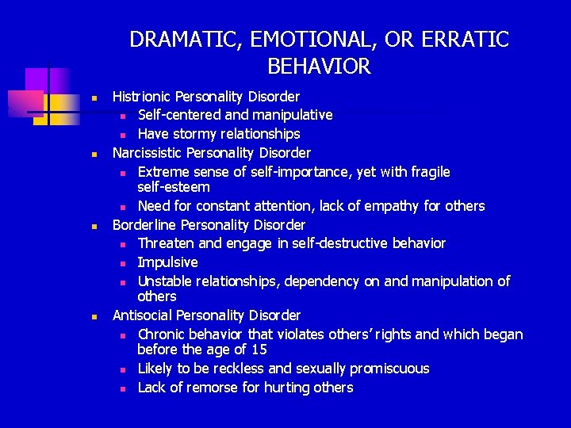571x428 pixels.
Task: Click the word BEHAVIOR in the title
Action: (x=319, y=67)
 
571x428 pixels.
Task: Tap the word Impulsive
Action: (x=167, y=262)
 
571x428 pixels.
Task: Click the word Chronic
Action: (x=164, y=334)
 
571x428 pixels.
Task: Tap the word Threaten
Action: (x=167, y=243)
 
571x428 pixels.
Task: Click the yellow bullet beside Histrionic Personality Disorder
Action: (x=94, y=98)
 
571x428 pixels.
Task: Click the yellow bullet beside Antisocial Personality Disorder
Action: (x=94, y=317)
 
